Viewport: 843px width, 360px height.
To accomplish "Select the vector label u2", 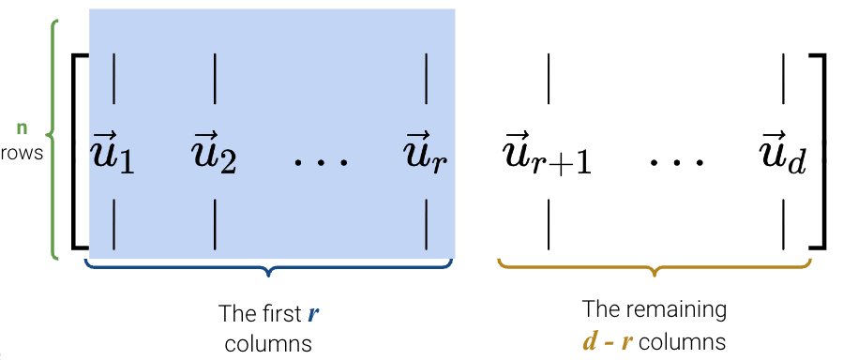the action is tap(215, 155).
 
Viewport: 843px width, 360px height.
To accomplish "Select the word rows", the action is tap(22, 152).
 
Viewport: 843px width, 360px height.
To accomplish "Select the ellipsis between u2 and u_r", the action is tap(321, 162).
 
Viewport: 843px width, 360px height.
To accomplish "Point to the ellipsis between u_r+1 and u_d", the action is tap(677, 161).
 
